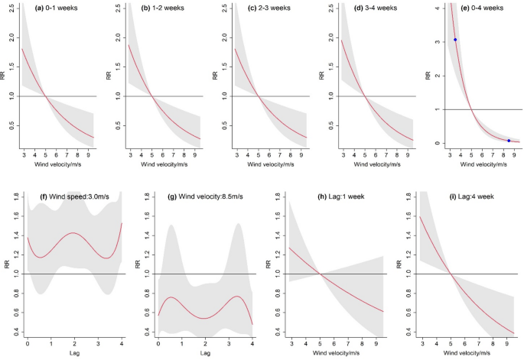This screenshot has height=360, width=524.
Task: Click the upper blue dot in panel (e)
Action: pos(456,40)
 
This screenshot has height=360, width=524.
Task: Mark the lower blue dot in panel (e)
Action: pos(509,141)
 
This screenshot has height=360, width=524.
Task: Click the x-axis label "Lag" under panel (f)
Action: pos(74,353)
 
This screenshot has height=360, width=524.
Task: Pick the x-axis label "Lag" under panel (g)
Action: pos(206,353)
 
